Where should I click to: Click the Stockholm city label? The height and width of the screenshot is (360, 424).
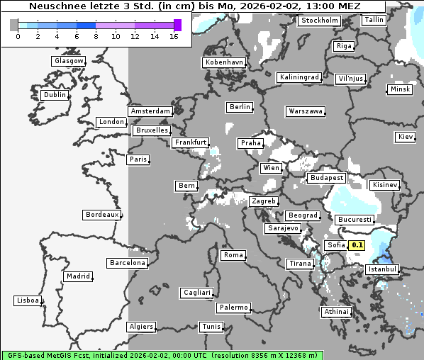318,21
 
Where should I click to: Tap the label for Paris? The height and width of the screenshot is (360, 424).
138,159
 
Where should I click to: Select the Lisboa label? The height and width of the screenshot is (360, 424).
28,300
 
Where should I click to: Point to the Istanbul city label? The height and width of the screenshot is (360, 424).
382,269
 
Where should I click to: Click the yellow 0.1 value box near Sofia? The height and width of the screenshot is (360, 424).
357,246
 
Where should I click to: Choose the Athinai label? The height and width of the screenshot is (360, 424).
336,312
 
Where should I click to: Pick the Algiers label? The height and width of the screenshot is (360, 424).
140,327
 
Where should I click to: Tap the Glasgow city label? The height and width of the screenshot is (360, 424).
69,61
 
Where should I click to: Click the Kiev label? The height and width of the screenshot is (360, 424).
406,137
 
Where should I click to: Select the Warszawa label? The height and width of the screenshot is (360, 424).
306,111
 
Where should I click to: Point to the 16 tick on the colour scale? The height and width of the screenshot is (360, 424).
174,36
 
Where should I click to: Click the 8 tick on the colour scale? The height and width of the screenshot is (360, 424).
96,36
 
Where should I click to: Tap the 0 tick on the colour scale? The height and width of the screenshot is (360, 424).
18,36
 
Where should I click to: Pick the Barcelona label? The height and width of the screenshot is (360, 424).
128,263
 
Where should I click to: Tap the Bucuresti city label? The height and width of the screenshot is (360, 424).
354,220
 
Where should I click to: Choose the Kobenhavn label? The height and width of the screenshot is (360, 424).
224,62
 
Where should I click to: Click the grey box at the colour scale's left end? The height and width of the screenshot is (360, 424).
13,25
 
